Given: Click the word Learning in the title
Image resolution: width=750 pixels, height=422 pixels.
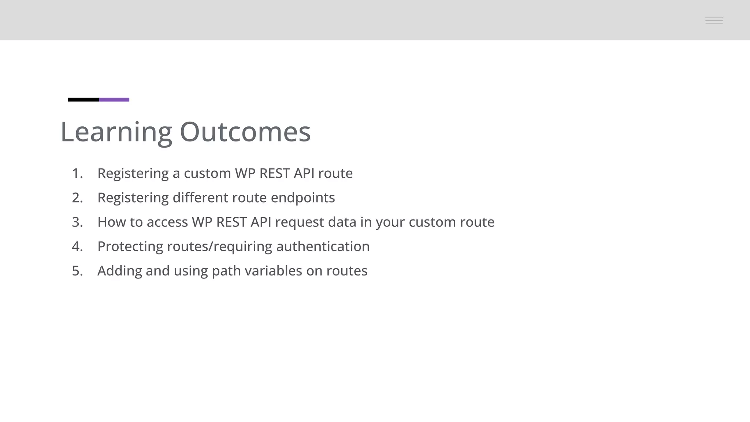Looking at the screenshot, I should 116,132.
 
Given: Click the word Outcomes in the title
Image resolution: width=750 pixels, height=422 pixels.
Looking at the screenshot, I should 245,132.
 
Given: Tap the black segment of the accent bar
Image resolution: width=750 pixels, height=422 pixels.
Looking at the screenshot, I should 83,100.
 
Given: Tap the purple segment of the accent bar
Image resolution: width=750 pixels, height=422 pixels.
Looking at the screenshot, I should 114,100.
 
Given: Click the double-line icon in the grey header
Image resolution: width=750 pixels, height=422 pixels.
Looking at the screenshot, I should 714,21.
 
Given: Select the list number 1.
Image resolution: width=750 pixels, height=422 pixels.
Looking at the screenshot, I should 77,173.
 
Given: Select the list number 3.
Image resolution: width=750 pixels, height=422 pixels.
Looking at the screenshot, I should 77,222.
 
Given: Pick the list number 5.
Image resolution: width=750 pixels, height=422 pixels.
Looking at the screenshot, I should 77,271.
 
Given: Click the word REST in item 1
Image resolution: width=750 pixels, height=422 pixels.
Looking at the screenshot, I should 274,173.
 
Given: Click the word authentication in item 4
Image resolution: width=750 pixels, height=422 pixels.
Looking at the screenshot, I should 323,247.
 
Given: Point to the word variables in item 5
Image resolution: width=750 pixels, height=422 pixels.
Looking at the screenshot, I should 273,271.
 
